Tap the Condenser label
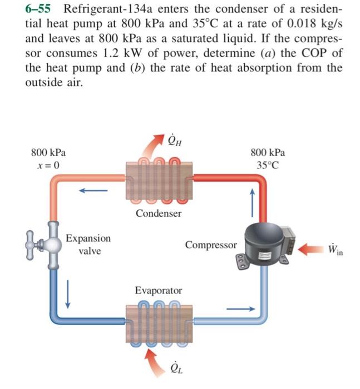tap(159, 213)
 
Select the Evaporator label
tap(159, 291)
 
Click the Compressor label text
tap(211, 245)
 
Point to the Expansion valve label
tap(88, 244)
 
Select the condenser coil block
tap(159, 177)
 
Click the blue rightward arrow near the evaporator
tap(241, 307)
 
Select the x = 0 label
tap(50, 165)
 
